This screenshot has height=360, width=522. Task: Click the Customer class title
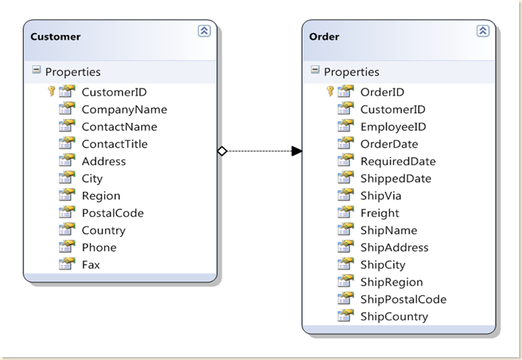(x=56, y=37)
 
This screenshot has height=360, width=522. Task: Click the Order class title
(x=325, y=37)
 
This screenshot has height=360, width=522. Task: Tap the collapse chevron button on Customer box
(x=204, y=31)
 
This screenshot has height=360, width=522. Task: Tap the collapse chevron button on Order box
(x=482, y=31)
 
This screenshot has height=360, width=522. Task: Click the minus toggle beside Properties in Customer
(x=36, y=71)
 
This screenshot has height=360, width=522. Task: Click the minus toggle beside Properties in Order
(x=315, y=71)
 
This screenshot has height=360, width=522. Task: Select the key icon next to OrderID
(x=330, y=92)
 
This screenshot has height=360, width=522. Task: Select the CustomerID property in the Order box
(x=392, y=109)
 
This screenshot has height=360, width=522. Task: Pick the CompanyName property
(x=124, y=109)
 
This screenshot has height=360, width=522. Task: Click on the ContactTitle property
(x=114, y=144)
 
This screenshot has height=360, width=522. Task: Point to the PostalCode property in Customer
(x=112, y=213)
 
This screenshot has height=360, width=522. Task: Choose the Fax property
(x=90, y=264)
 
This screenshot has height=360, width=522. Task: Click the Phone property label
(x=98, y=248)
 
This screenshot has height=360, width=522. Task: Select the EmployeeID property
(x=393, y=126)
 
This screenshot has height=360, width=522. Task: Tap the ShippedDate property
(x=395, y=179)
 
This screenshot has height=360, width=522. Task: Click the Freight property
(x=380, y=213)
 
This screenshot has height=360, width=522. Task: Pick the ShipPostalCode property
(x=402, y=299)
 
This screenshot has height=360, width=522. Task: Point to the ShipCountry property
(x=394, y=317)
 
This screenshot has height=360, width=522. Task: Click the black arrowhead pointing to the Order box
(x=297, y=151)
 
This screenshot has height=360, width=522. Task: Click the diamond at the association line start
(x=222, y=151)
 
